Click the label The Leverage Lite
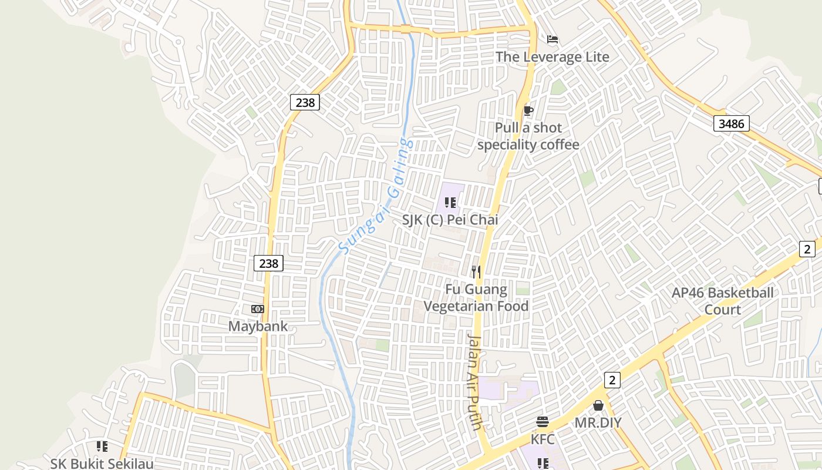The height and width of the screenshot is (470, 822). point(552,57)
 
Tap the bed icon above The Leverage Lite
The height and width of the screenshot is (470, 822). point(552,40)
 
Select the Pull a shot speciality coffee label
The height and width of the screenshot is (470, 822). point(528,136)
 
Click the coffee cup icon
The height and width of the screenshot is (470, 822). point(528,110)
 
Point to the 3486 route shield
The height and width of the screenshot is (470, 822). point(731,123)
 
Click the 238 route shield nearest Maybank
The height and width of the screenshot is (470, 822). point(268,263)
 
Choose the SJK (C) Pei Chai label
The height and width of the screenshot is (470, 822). point(450,220)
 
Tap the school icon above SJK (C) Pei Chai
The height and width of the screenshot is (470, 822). point(450,203)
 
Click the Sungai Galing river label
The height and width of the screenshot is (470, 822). point(376,196)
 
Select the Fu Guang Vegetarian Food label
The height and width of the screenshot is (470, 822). point(476,297)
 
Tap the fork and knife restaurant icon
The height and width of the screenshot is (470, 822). point(476,271)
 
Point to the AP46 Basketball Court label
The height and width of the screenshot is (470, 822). point(722,301)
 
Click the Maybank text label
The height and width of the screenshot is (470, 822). point(258,326)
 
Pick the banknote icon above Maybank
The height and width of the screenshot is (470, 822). point(257,309)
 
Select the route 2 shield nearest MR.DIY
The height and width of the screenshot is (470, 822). point(612,380)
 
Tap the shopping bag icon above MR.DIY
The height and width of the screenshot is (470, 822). point(598,405)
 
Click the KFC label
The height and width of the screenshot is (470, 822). point(543,439)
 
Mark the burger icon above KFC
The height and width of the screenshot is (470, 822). point(543,422)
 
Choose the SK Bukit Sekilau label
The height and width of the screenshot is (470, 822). point(102,464)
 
